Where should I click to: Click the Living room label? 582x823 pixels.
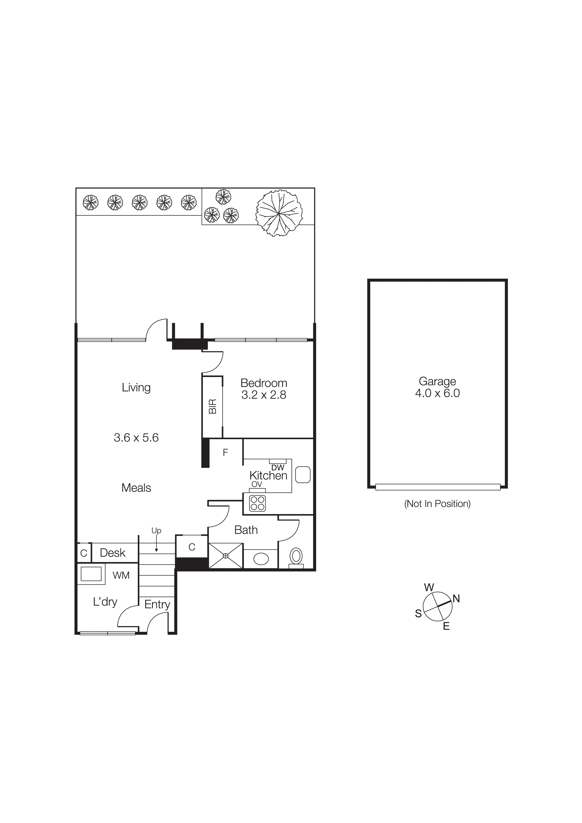click(x=136, y=388)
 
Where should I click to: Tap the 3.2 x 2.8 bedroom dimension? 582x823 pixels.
click(x=264, y=395)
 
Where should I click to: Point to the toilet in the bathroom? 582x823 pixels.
click(x=296, y=557)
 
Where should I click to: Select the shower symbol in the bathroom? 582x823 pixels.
click(x=226, y=556)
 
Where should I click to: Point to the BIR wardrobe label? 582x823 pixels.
click(x=213, y=407)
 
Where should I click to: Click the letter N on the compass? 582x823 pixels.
click(x=456, y=599)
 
